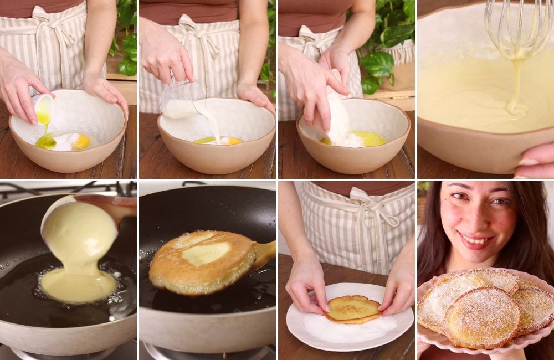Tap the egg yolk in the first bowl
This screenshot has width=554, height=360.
pyautogui.click(x=81, y=142)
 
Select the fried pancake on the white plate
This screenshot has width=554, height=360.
pyautogui.click(x=353, y=309)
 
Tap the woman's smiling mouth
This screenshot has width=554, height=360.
pyautogui.click(x=475, y=240)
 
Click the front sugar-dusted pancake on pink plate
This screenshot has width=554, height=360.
pyautogui.click(x=482, y=316)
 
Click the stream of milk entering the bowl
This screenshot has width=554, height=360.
pyautogui.click(x=213, y=125)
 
